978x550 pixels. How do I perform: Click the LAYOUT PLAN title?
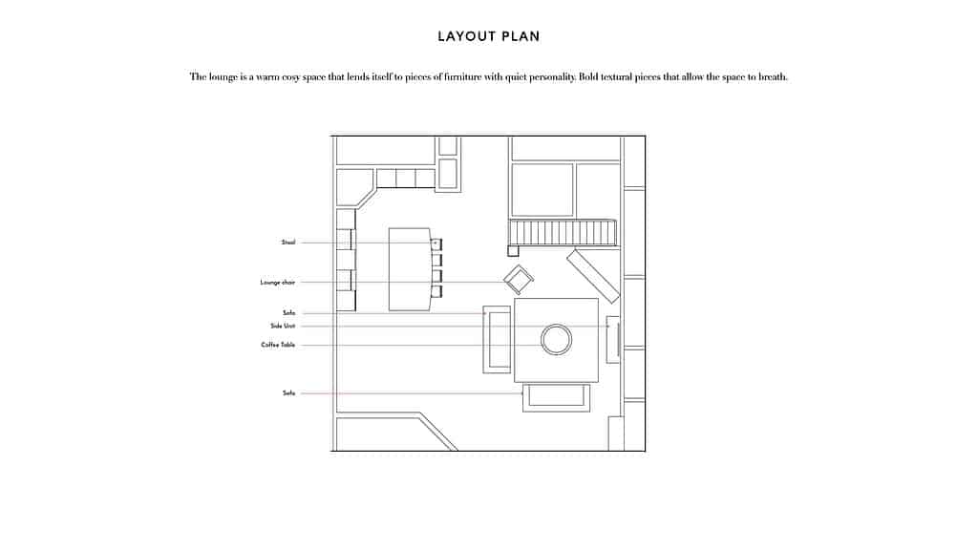488,36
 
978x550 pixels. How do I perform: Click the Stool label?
288,243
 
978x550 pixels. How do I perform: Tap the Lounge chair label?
278,283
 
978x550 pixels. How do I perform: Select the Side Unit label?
283,326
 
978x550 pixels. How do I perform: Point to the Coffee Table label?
278,345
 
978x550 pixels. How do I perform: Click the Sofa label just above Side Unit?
288,313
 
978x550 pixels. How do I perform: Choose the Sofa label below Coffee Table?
288,393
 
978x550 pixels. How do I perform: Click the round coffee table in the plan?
556,339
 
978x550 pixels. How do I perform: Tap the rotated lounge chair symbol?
519,280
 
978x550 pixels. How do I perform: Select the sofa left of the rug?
497,339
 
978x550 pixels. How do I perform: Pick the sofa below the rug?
556,395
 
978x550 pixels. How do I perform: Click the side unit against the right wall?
613,338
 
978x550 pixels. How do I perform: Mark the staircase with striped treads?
562,233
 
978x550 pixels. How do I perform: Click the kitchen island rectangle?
410,269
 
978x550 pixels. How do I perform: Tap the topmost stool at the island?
436,243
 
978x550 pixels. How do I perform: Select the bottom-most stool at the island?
436,292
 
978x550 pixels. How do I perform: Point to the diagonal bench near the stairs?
593,275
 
